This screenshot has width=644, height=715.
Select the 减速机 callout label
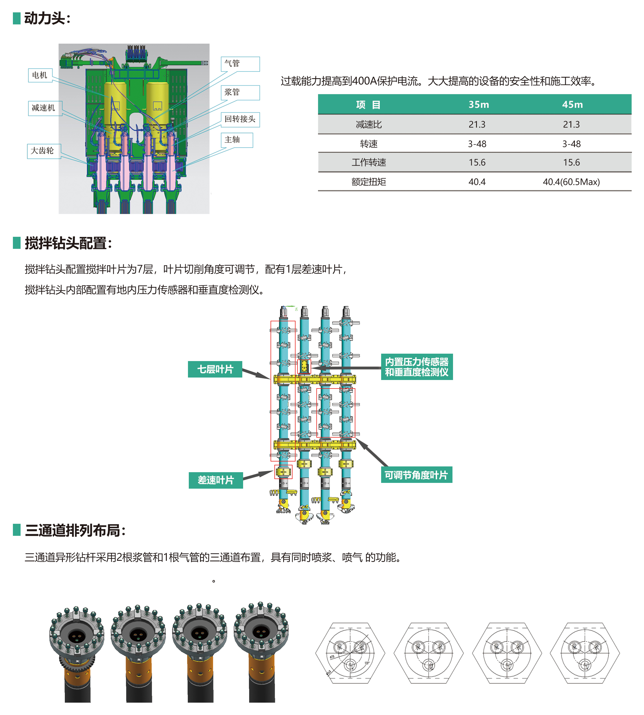44,108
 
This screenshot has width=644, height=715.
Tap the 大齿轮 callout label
43,151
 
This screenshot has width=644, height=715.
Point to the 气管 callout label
240,64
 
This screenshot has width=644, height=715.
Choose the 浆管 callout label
240,92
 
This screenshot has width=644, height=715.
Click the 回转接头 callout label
240,119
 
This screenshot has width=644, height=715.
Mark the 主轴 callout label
236,140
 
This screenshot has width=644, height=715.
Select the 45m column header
572,104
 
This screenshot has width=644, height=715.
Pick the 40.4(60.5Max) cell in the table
571,182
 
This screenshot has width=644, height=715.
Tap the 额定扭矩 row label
369,182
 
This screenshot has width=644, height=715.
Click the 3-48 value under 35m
477,144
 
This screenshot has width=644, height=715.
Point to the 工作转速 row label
369,162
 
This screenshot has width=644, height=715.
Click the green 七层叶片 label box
215,369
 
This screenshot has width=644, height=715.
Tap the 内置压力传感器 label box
417,367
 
